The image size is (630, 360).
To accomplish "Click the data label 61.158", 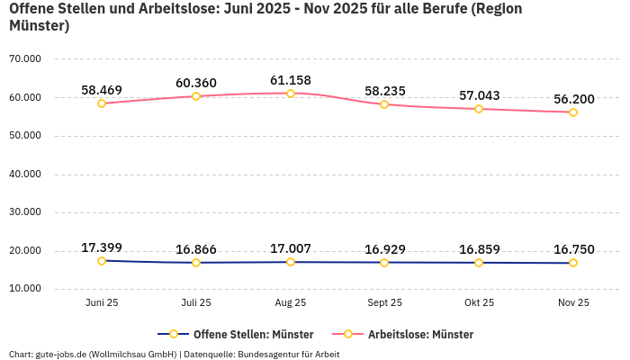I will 291,80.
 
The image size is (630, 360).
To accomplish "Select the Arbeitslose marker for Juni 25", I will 102,103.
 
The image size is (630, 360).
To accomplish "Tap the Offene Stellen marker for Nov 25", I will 572,263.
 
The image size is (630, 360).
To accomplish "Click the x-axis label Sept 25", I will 384,303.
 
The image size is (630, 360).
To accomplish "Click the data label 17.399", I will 102,247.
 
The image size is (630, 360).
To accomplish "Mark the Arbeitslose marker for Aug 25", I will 291,94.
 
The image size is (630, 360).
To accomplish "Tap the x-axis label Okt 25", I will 479,303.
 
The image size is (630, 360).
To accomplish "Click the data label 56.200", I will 572,99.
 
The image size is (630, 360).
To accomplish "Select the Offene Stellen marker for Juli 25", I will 196,263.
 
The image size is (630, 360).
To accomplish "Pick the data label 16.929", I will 384,249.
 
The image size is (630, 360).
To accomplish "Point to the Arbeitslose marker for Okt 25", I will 479,109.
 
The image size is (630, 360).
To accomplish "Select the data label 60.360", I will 196,83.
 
